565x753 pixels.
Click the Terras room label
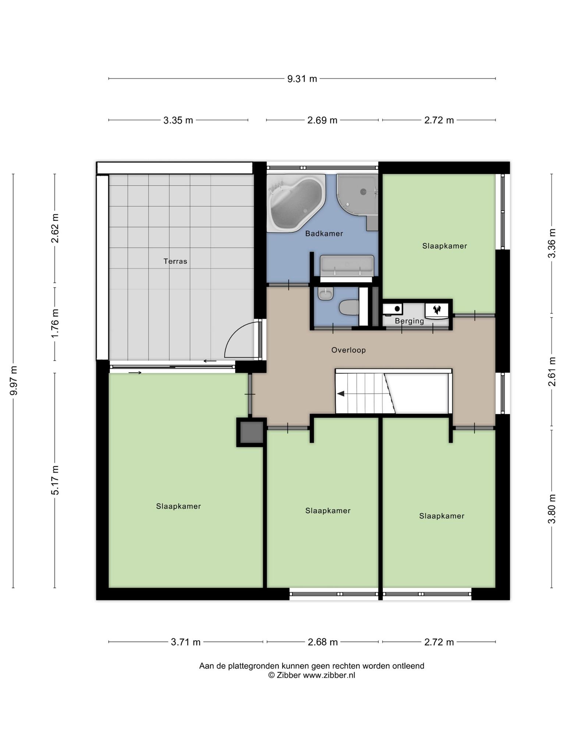click(175, 261)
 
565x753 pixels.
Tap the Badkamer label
click(324, 233)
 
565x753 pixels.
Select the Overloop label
click(349, 350)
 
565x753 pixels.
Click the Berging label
click(409, 321)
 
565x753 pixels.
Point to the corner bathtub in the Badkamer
click(296, 203)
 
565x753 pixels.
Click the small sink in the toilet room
click(326, 294)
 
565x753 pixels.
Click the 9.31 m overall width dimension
click(302, 79)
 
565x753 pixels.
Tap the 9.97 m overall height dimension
click(14, 381)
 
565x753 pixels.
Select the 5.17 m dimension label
click(55, 480)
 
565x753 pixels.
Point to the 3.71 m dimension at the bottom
click(186, 642)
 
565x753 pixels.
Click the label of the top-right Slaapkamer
click(444, 246)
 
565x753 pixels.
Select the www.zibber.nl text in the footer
click(329, 675)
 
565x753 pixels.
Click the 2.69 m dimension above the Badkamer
click(322, 120)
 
